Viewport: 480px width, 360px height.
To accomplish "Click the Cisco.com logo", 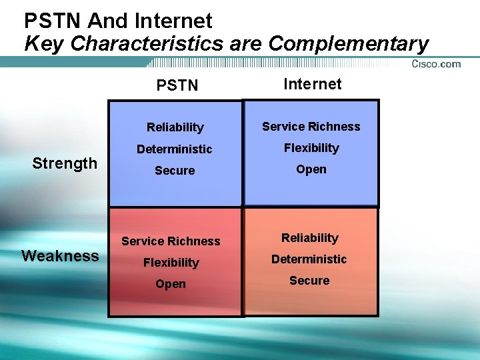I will pyautogui.click(x=436, y=64).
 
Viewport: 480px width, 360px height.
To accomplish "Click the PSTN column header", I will pyautogui.click(x=177, y=86).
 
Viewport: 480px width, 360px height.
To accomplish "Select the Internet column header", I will pyautogui.click(x=312, y=84).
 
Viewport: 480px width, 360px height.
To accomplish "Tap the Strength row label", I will pyautogui.click(x=65, y=163).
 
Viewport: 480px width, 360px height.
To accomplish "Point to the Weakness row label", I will pyautogui.click(x=60, y=256).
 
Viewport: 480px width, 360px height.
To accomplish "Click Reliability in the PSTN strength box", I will pyautogui.click(x=175, y=127).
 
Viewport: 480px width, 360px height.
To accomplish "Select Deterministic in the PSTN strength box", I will pyautogui.click(x=175, y=149).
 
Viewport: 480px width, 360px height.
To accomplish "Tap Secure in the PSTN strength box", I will pyautogui.click(x=175, y=171).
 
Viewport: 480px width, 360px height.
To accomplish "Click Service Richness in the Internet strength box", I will pyautogui.click(x=311, y=127).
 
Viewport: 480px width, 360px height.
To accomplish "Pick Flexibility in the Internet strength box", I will pyautogui.click(x=311, y=148).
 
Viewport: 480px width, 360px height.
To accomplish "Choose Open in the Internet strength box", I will pyautogui.click(x=311, y=169).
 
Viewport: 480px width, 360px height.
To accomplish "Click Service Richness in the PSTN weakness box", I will pyautogui.click(x=171, y=241).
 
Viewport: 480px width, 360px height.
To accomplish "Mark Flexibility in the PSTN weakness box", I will pyautogui.click(x=171, y=263).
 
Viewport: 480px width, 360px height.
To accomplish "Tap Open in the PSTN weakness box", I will pyautogui.click(x=171, y=284).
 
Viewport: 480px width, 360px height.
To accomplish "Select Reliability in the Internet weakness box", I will pyautogui.click(x=309, y=238).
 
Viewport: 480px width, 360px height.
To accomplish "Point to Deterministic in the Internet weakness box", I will pyautogui.click(x=309, y=259).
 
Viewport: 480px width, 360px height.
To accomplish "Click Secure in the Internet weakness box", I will pyautogui.click(x=309, y=281).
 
